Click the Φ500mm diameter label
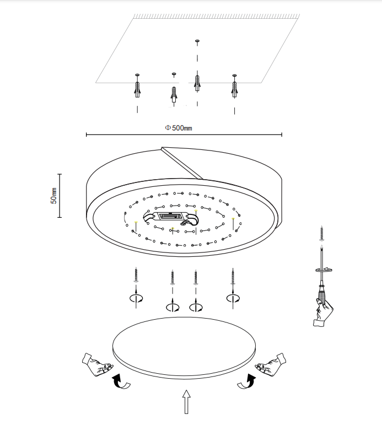tap(179, 128)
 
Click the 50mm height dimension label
tap(53, 196)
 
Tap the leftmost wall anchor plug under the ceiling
tap(137, 90)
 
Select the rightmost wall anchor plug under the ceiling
tap(234, 89)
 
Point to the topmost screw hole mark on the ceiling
tap(197, 41)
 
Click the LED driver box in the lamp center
tap(170, 216)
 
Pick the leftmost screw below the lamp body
tap(136, 275)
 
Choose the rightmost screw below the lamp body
tap(233, 276)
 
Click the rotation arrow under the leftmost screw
tap(136, 298)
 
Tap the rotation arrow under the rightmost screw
tap(233, 298)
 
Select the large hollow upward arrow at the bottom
tap(186, 402)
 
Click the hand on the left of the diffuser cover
tap(98, 364)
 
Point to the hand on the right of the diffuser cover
tap(271, 364)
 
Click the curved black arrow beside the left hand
tap(120, 382)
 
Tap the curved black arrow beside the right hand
tap(247, 381)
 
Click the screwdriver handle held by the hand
tap(322, 294)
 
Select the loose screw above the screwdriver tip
tap(321, 233)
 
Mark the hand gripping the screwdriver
tap(323, 313)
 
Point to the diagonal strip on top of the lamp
tap(182, 163)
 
